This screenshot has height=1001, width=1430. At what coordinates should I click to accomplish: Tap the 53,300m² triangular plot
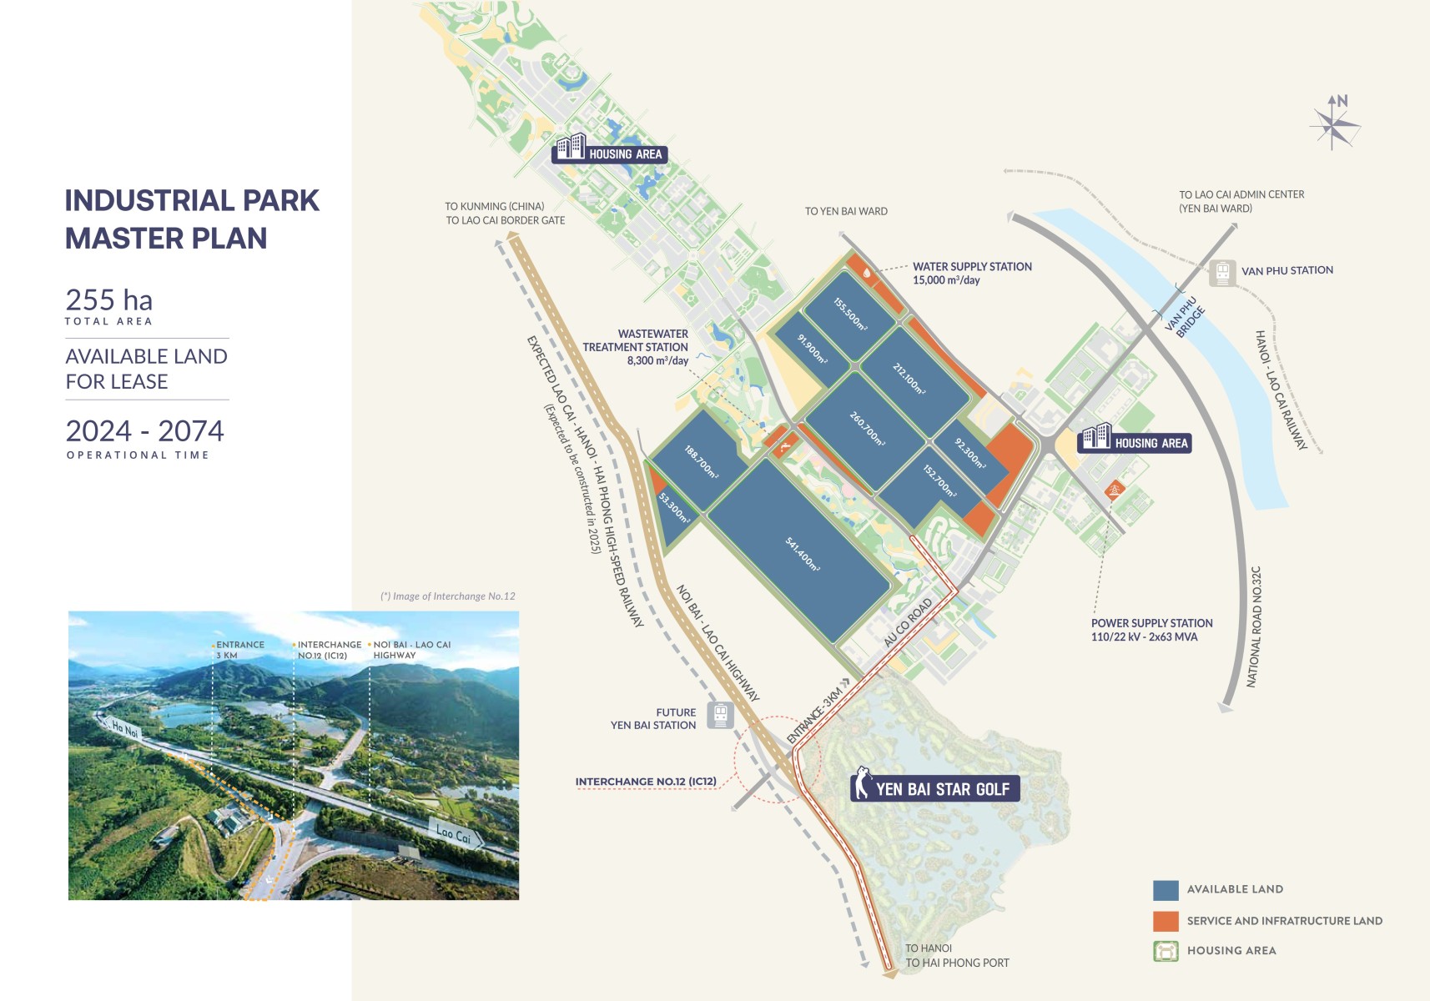(672, 511)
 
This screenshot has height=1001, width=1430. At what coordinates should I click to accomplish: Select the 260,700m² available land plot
(868, 429)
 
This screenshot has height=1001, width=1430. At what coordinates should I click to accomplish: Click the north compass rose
(1334, 123)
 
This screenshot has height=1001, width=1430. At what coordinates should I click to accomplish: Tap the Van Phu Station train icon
(1222, 272)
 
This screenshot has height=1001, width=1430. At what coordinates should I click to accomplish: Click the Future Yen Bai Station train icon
(720, 715)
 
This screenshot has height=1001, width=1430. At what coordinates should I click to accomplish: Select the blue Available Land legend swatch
(1166, 890)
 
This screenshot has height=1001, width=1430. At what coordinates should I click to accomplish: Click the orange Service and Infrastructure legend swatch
(1166, 921)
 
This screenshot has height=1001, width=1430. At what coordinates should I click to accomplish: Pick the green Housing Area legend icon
(1166, 951)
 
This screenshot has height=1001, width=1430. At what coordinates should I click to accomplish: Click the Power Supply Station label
(1151, 630)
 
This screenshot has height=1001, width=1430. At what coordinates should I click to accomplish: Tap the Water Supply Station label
(972, 273)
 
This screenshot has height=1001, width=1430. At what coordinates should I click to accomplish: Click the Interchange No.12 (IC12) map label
(646, 782)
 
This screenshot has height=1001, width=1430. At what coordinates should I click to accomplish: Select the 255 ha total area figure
(109, 300)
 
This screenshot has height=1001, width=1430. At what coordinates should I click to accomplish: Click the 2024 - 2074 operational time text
(145, 431)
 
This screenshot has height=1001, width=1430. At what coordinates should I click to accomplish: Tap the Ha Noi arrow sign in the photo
(122, 728)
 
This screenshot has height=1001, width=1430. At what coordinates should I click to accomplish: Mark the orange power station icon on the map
(1114, 490)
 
